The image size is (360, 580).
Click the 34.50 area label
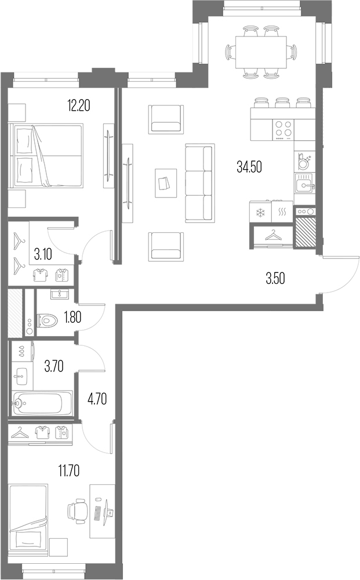[x=250, y=167]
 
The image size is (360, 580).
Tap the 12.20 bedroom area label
[x=79, y=105]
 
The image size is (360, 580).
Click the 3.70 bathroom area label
[x=53, y=365]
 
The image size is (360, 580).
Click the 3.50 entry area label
[x=275, y=279]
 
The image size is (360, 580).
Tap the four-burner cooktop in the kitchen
[x=283, y=129]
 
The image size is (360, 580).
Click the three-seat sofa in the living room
[x=198, y=183]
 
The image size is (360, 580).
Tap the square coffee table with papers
[x=165, y=183]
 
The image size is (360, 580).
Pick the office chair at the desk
[x=78, y=512]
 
